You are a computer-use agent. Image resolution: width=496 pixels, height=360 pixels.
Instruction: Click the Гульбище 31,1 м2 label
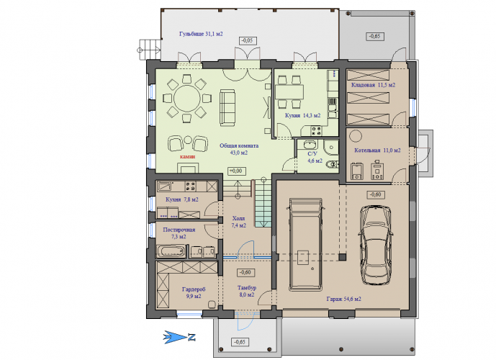[x=201, y=34]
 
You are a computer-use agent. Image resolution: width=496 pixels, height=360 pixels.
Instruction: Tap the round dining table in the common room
[x=187, y=98]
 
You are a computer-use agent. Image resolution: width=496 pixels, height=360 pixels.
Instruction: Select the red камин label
[x=188, y=156]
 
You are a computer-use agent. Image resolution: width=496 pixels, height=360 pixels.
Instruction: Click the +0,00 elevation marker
[x=236, y=171]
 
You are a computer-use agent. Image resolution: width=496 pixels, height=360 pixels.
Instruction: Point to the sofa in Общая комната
[x=227, y=107]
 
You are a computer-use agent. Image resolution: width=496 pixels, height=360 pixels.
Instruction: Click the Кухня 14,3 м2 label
[x=303, y=115]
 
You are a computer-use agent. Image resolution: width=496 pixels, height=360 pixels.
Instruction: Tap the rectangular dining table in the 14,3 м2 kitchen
[x=289, y=92]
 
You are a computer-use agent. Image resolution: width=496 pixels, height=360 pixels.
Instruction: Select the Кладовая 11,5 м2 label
[x=374, y=85]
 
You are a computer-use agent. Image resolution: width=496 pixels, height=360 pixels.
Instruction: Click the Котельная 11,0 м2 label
[x=377, y=150]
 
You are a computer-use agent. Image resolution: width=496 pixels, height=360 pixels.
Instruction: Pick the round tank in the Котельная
[x=356, y=136]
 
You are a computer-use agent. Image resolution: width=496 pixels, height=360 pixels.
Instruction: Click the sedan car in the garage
[x=376, y=245]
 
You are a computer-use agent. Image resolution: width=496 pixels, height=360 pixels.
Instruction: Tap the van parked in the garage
[x=305, y=244]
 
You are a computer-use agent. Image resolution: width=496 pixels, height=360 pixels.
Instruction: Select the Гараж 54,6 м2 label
[x=344, y=299]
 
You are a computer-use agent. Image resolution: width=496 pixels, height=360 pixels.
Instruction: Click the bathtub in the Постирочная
[x=171, y=251]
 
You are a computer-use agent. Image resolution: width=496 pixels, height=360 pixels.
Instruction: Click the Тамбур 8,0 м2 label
[x=247, y=292]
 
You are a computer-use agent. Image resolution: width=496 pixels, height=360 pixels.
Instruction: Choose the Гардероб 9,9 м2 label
[x=194, y=293]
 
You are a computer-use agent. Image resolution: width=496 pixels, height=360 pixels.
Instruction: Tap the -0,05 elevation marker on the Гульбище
[x=248, y=40]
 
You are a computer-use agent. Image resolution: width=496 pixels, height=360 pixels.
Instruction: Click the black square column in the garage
[x=342, y=256]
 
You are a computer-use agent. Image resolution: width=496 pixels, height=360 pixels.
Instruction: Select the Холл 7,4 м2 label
[x=238, y=222]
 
